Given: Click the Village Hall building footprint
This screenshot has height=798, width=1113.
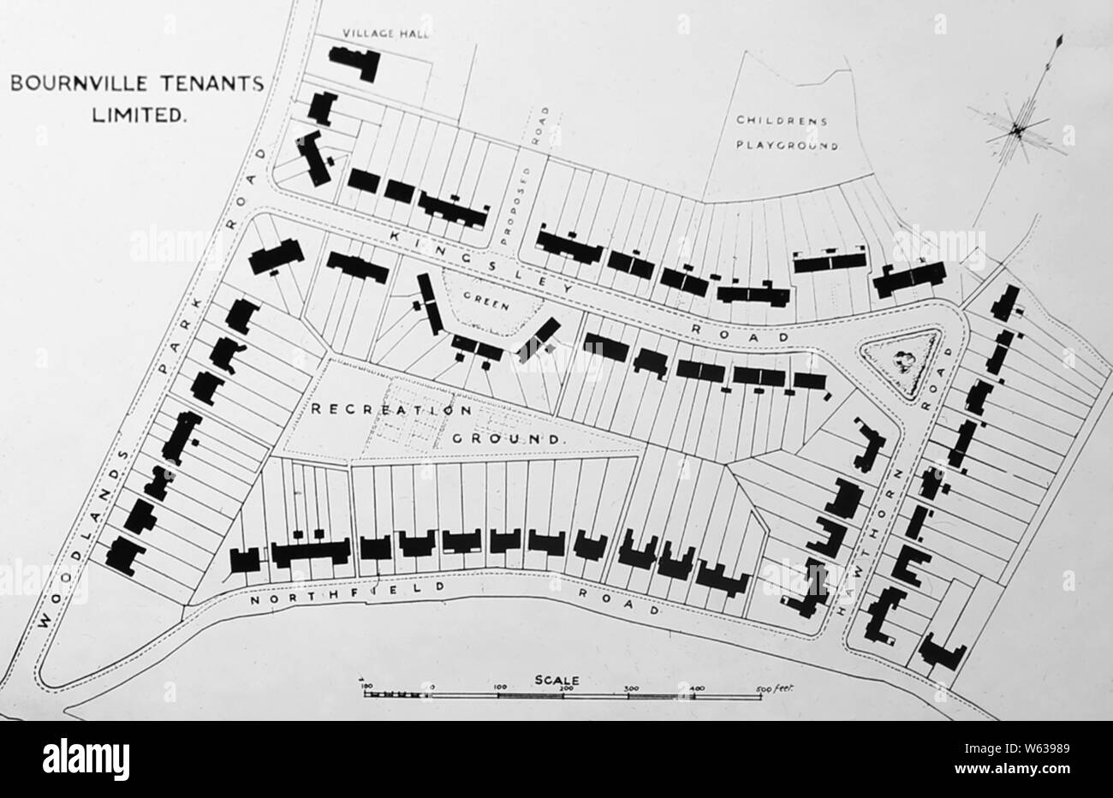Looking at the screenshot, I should pos(354,63).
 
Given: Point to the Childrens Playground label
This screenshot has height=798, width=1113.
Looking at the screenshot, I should pos(783,133).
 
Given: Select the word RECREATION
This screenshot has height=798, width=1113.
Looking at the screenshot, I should pos(390,409).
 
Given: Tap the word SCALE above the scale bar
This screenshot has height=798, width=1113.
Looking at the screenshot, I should pos(557,680).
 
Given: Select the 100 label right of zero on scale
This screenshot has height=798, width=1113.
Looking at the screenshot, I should pos(500,688).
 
